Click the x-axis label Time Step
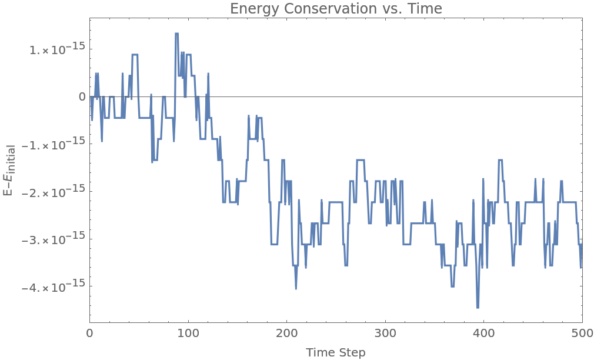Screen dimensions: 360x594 coord(335,352)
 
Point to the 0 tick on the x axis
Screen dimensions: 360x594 coord(90,334)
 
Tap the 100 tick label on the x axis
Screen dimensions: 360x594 coord(188,334)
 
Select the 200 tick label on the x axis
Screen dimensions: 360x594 coord(286,334)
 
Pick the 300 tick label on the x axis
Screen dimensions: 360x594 coord(385,334)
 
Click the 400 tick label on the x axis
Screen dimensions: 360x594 coord(483,334)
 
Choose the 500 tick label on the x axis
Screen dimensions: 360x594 coord(582,334)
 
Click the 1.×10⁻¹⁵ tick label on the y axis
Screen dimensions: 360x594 coord(57,49)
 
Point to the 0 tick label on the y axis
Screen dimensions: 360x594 coord(82,96)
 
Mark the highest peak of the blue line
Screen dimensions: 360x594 coord(176,34)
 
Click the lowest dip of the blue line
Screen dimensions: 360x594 coord(478,307)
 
